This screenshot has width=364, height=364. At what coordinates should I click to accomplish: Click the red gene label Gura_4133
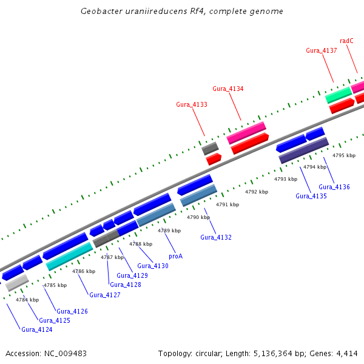pyautogui.click(x=192, y=104)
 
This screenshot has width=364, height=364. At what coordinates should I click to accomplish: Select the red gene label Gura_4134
pyautogui.click(x=228, y=89)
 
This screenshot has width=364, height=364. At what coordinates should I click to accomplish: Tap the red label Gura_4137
pyautogui.click(x=322, y=50)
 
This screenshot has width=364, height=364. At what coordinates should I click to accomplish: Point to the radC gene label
pyautogui.click(x=346, y=41)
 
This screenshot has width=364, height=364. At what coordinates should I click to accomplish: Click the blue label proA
pyautogui.click(x=175, y=256)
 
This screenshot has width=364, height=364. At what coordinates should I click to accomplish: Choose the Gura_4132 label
pyautogui.click(x=216, y=237)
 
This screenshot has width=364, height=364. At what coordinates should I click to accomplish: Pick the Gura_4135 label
pyautogui.click(x=311, y=196)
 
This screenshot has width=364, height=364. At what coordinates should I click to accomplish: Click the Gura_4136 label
pyautogui.click(x=334, y=187)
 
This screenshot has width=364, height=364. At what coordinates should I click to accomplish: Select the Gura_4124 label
pyautogui.click(x=37, y=329)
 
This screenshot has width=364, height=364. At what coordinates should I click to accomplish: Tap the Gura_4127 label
pyautogui.click(x=105, y=295)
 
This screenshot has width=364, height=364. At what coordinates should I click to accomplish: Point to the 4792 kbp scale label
pyautogui.click(x=257, y=192)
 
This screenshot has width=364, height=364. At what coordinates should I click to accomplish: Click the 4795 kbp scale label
pyautogui.click(x=344, y=156)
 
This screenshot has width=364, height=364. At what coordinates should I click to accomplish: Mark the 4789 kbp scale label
pyautogui.click(x=169, y=231)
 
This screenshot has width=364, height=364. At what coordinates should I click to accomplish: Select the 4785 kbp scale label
pyautogui.click(x=55, y=285)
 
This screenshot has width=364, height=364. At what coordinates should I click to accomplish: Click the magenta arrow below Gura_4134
pyautogui.click(x=246, y=133)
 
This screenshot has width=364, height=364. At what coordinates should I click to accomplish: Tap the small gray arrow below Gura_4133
pyautogui.click(x=210, y=148)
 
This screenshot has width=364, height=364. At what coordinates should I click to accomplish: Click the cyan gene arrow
pyautogui.click(x=69, y=256)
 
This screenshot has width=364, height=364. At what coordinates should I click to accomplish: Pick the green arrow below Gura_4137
pyautogui.click(x=339, y=95)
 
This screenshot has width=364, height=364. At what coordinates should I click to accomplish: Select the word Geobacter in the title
pyautogui.click(x=100, y=12)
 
